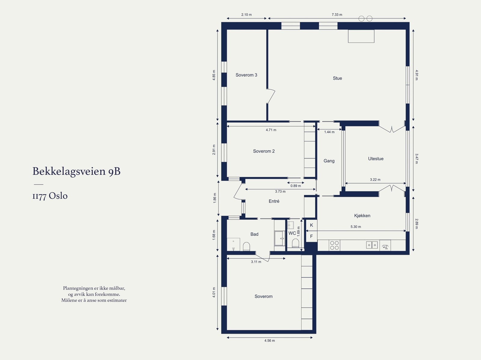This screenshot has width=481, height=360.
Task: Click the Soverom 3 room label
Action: (x=246, y=75)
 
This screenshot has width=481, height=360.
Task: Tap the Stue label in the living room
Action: (x=337, y=78)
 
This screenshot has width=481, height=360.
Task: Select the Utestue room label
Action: (x=375, y=159)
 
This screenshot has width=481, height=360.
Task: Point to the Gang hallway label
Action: (x=329, y=161)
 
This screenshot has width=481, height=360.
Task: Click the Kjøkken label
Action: (x=362, y=215)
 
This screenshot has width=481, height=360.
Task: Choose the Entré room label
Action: (x=274, y=201)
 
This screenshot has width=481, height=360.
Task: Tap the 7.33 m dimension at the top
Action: (x=337, y=15)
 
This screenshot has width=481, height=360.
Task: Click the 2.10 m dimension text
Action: (x=247, y=15)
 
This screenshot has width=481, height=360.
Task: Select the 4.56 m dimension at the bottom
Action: (x=270, y=340)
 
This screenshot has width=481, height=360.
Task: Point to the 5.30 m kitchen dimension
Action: (x=356, y=227)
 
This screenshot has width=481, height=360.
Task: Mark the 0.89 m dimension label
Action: (x=296, y=186)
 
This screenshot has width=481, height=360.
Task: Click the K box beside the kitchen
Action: (x=311, y=225)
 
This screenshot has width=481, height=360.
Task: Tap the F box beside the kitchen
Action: (x=311, y=236)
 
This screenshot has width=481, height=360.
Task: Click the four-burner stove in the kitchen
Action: (x=334, y=245)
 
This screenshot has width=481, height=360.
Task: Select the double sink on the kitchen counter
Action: (x=372, y=245)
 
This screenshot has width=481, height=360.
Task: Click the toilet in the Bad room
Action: (x=246, y=246)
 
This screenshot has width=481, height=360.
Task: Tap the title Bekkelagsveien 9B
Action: (x=76, y=171)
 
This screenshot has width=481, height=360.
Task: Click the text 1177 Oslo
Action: (x=50, y=196)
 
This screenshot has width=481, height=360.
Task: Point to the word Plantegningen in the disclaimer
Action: (x=76, y=288)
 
